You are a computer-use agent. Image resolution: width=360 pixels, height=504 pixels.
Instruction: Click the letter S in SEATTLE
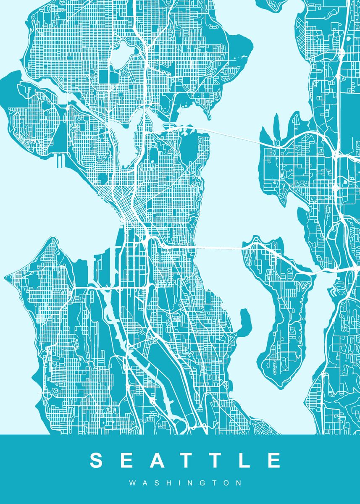coord(97,460)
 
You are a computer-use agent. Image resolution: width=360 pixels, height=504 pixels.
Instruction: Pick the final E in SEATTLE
coord(273,460)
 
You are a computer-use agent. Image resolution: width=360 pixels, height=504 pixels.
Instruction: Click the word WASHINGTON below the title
coord(185,483)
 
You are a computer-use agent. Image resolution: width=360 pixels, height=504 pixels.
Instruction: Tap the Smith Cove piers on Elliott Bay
coord(60,160)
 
